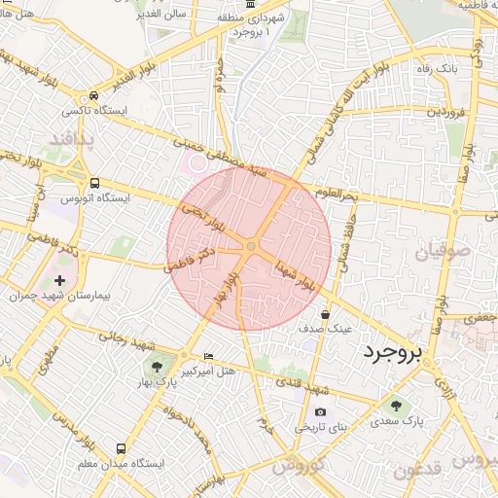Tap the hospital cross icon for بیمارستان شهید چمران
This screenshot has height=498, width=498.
tap(59, 280)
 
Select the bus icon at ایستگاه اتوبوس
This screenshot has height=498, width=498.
tap(94, 183)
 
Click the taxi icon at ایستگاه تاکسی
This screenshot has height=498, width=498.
tap(92, 97)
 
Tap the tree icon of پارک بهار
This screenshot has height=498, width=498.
tap(156, 366)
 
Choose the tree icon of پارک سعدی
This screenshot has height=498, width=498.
tap(395, 405)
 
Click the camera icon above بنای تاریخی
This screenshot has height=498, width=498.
tap(321, 412)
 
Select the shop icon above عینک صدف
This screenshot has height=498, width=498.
tap(325, 315)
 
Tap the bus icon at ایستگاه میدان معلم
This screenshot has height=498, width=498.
tap(121, 449)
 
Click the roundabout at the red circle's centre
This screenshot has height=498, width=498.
tap(250, 247)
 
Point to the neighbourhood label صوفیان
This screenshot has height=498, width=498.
tap(444, 253)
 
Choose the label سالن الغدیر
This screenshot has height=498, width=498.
tap(160, 17)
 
